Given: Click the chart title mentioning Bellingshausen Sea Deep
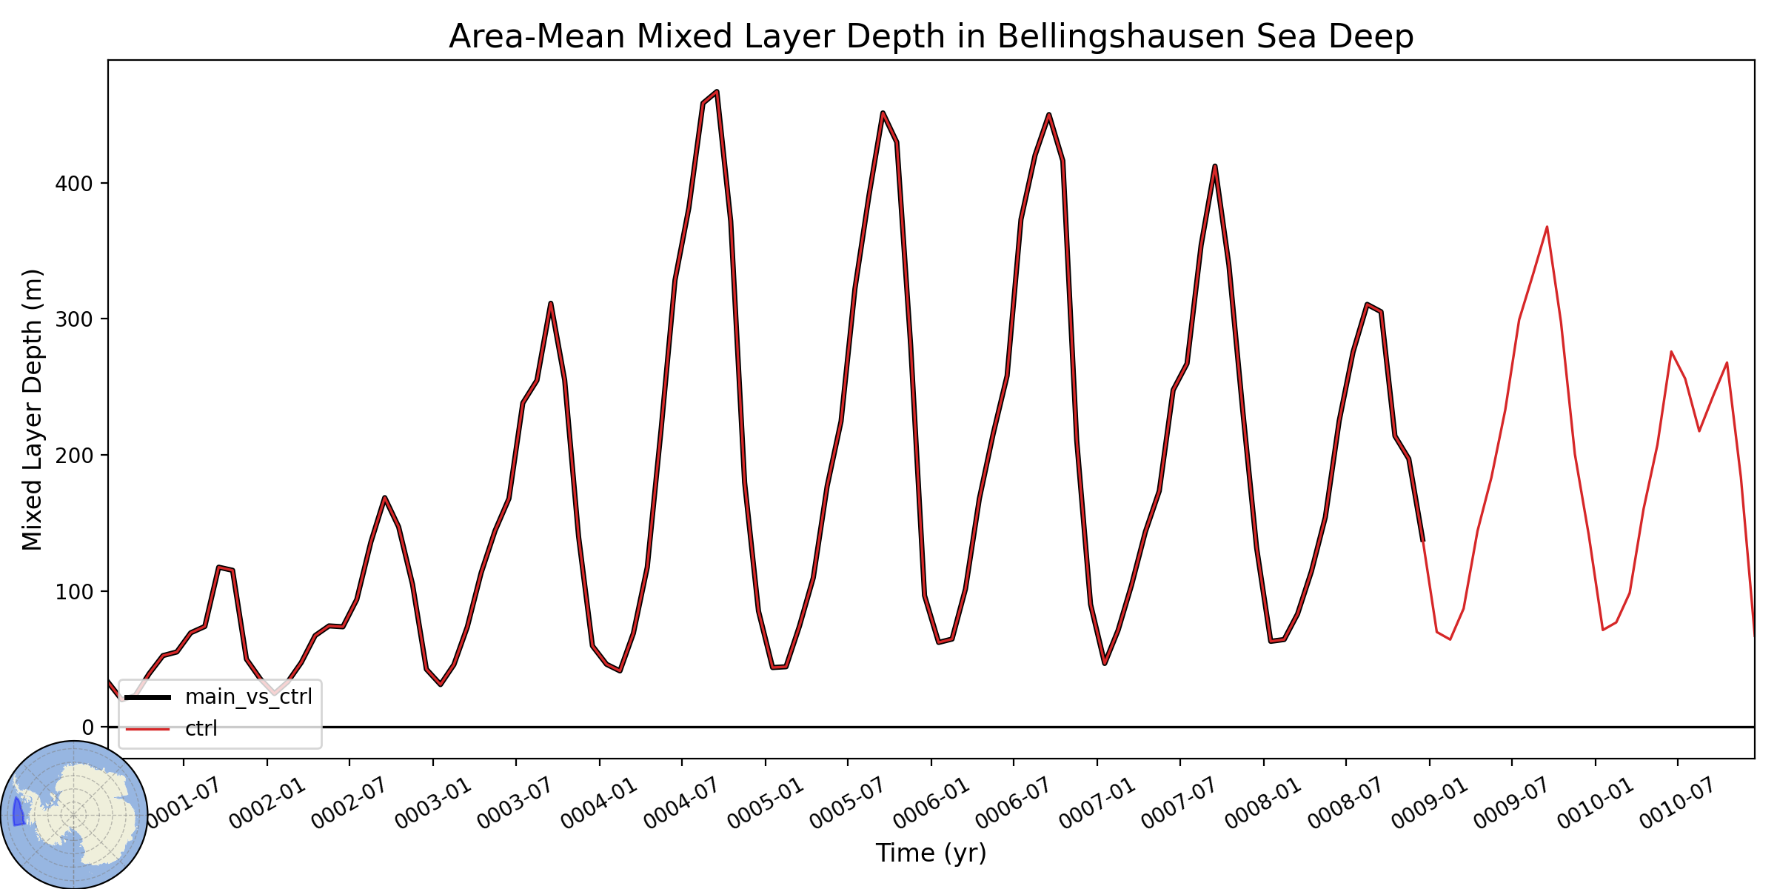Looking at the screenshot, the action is click(x=931, y=36).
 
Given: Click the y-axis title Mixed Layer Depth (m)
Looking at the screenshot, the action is click(x=33, y=410).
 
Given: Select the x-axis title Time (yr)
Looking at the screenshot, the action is click(x=931, y=853).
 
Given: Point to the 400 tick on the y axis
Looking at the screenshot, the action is click(x=74, y=183).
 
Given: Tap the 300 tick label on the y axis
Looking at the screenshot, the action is click(x=74, y=319).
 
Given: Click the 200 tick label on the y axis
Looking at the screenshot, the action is click(x=74, y=455).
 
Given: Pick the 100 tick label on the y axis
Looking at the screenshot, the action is click(x=74, y=591).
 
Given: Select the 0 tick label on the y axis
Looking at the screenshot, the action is click(x=88, y=727).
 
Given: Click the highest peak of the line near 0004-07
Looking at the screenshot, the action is click(x=717, y=91).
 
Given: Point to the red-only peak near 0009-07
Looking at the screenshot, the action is click(x=1547, y=227).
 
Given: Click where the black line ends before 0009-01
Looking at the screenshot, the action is click(x=1422, y=541).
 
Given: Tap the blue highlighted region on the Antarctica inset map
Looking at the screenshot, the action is click(x=19, y=812).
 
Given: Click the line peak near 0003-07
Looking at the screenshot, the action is click(x=551, y=303).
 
